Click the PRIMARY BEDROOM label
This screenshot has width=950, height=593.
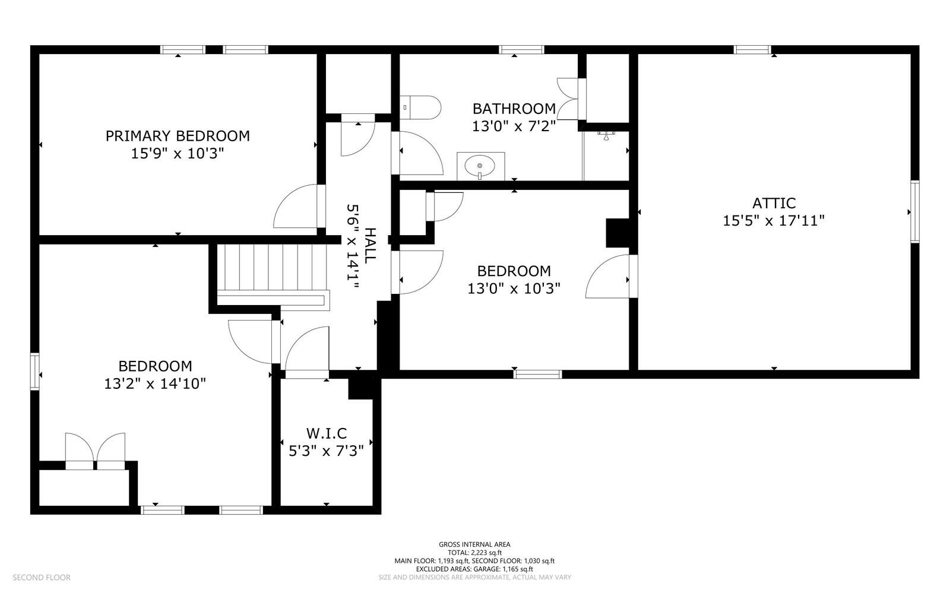point(178,136)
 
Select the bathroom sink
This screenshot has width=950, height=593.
point(480,165)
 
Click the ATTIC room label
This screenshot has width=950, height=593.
point(773,203)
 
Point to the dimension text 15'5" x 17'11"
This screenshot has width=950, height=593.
point(773,221)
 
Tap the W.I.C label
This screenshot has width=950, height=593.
point(326,433)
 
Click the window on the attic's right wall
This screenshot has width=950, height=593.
point(914,212)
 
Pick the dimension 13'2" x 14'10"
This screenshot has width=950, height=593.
point(155,383)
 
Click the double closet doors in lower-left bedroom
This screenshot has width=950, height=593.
point(95,451)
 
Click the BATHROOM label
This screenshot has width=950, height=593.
point(514,109)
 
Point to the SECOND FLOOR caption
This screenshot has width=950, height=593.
point(42,577)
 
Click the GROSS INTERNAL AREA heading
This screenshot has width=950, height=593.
point(474,544)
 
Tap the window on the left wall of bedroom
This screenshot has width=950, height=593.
point(34,372)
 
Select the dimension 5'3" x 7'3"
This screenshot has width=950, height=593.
point(326,451)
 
